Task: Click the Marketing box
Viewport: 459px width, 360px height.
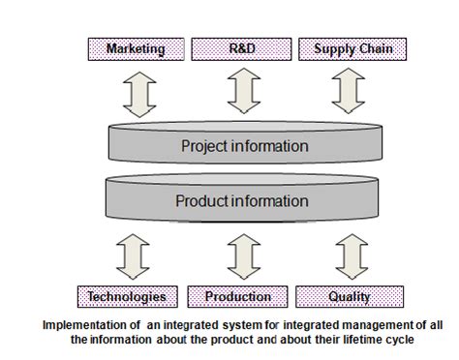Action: coord(135,48)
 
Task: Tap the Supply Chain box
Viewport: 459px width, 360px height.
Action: coord(346,48)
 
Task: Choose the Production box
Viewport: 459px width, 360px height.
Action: coord(237,296)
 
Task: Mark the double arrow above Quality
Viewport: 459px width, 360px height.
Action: coord(346,254)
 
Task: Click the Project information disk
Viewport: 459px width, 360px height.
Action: coord(244,147)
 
